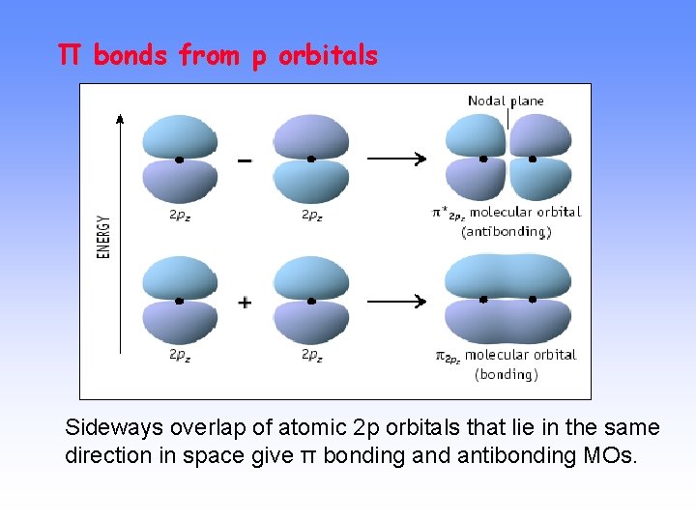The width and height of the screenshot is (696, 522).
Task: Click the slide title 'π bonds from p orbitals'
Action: coord(217,56)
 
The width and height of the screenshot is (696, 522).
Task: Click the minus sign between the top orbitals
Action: coord(245,160)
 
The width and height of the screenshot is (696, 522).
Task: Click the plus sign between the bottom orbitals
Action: coord(245,303)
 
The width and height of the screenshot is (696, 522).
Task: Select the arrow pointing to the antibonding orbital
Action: coord(396,159)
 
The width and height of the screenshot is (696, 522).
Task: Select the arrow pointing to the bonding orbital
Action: coord(396,302)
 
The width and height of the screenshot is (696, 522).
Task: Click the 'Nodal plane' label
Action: coord(506,101)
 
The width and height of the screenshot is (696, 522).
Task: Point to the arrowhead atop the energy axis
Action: coord(120,119)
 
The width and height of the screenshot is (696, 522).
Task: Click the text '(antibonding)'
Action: coord(507,232)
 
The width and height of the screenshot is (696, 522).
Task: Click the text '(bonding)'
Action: coord(507,374)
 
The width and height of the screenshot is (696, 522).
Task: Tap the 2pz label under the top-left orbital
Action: coord(180,216)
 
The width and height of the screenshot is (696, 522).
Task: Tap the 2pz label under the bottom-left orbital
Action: coord(180,355)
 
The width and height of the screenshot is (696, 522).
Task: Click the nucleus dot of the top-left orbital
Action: coord(180,159)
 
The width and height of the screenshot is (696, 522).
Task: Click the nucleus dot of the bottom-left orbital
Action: coord(180,301)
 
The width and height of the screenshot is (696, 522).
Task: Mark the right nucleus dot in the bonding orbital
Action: coord(533,300)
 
